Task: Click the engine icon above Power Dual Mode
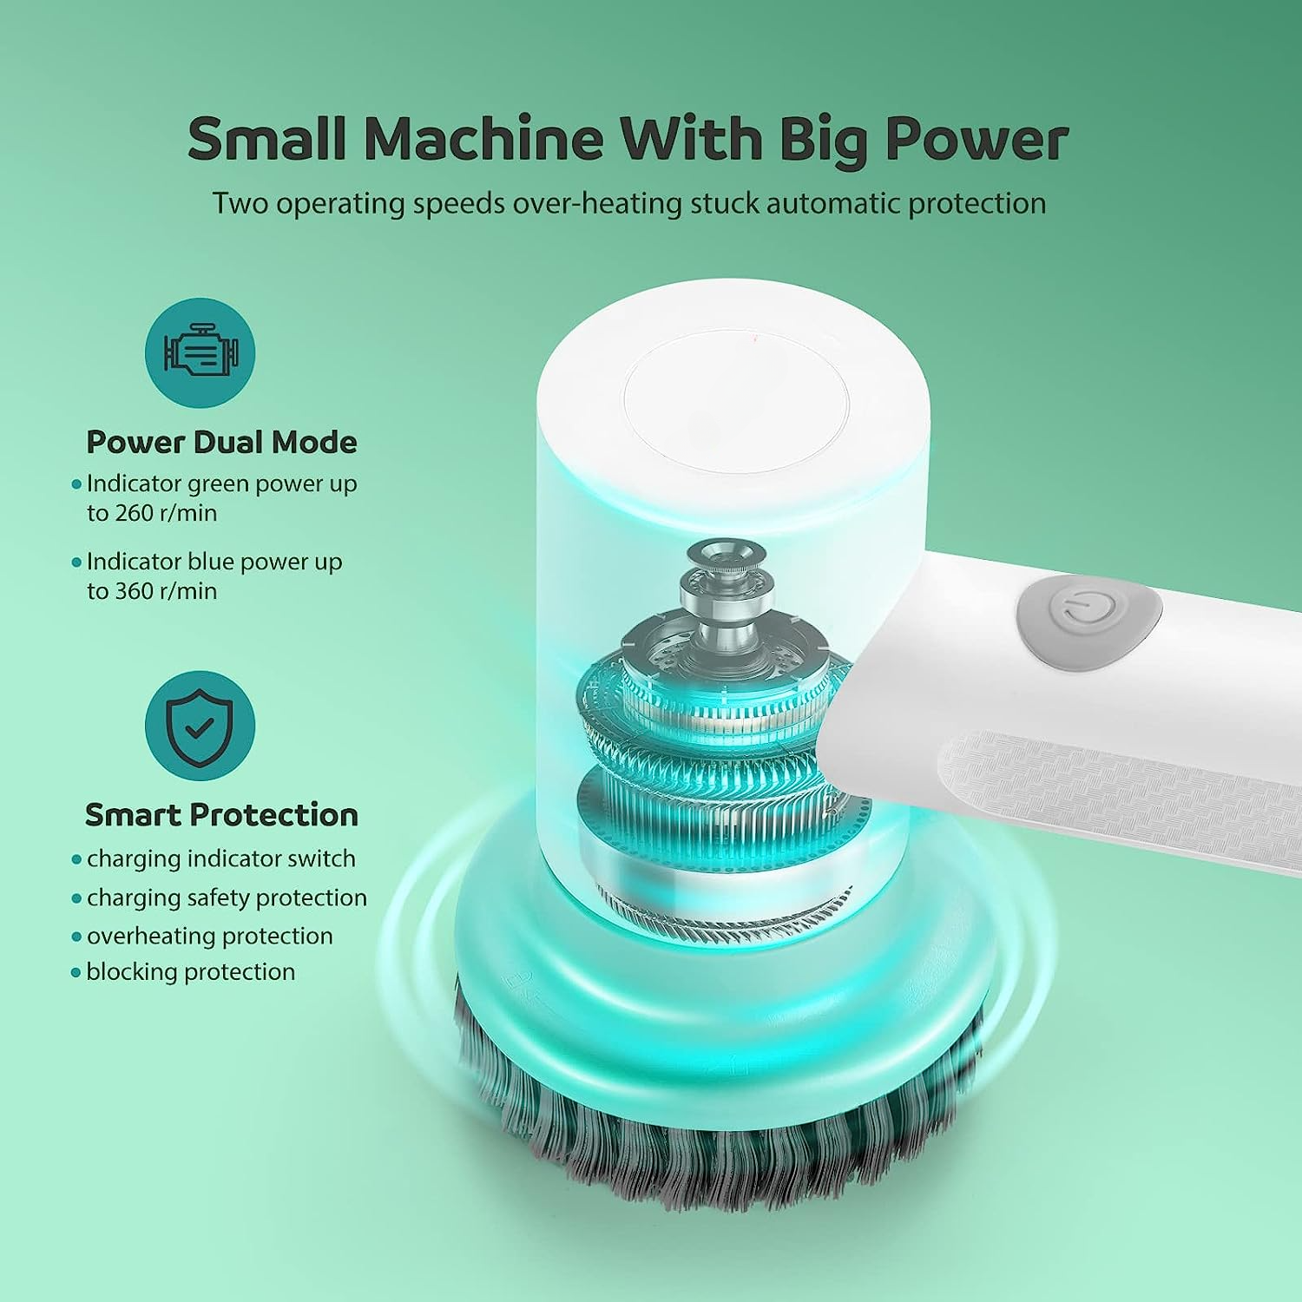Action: (x=200, y=352)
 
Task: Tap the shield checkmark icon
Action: (x=200, y=726)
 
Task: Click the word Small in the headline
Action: (x=266, y=139)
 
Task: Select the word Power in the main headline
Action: (x=976, y=139)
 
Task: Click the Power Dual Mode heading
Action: (x=221, y=442)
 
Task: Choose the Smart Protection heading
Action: (x=221, y=815)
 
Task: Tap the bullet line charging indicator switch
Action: (x=220, y=858)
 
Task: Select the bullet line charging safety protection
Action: (x=226, y=898)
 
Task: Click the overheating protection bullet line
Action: (x=209, y=936)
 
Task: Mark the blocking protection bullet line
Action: (x=190, y=971)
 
